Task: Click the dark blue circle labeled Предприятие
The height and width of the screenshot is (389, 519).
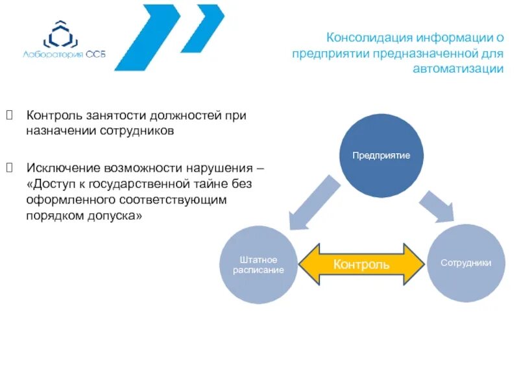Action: coord(381,156)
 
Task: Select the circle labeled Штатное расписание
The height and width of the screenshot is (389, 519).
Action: coord(259,265)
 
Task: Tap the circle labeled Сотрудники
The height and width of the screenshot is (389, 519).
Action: coord(465,263)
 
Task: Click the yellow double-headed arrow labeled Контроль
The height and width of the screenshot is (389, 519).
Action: coord(361,264)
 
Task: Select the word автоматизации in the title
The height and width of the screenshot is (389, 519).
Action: coord(458,69)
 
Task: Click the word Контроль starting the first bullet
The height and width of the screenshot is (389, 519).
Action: coord(54,115)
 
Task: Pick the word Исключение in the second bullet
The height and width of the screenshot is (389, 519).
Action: coord(60,168)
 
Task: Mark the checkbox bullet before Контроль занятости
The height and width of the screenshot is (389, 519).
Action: coord(9,115)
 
